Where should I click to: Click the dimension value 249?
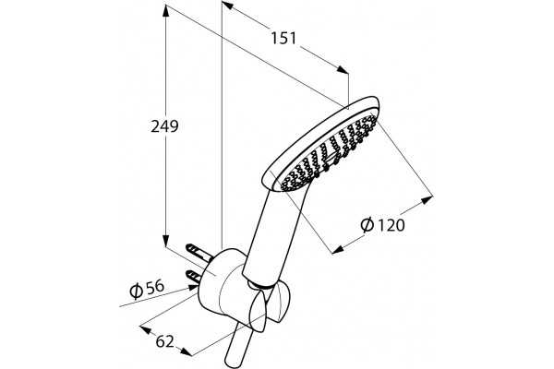point(164,126)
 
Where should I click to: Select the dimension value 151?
point(283,38)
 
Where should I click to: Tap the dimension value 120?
point(390,225)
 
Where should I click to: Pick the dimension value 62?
point(165,341)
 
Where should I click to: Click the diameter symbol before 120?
point(367,224)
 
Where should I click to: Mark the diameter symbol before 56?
point(137,291)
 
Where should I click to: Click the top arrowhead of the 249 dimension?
point(165,10)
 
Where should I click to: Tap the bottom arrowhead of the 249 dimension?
point(165,241)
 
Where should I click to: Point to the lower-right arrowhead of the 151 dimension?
point(343,69)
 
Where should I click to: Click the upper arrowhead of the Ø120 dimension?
point(427,200)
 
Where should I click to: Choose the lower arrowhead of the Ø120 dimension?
point(338,250)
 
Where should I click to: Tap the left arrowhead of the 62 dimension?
point(146,330)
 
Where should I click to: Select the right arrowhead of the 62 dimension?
point(187,351)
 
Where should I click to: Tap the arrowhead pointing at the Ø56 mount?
point(192,288)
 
